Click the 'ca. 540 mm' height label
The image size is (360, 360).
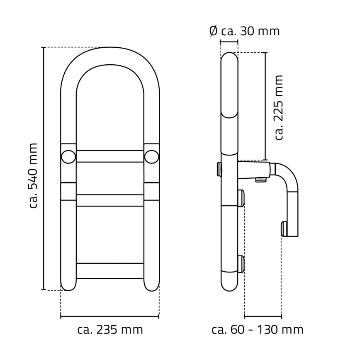pos(34,175)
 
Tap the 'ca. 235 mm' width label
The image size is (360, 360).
pos(110,330)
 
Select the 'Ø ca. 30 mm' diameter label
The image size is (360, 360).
pos(244,31)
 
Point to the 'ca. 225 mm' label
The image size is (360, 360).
pos(279,107)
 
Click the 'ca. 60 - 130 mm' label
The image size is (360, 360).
pos(257,330)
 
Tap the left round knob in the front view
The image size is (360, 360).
pos(68,156)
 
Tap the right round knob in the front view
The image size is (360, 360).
pos(152,156)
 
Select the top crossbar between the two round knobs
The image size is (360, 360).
pos(110,156)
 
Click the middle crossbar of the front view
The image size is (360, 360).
pos(110,200)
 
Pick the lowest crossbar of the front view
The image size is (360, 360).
pos(110,270)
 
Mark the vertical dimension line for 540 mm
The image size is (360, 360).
pos(44,168)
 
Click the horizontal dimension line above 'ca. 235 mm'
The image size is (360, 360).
pos(110,317)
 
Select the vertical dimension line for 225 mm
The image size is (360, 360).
pos(265,106)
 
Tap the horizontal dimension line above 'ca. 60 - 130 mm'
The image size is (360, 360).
pos(263,317)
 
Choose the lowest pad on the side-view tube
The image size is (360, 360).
pos(241,264)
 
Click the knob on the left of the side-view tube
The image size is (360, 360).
pos(219,168)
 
